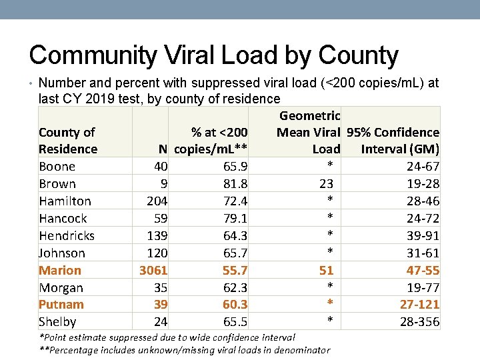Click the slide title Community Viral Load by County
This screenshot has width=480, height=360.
coord(213,56)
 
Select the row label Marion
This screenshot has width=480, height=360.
coord(60,270)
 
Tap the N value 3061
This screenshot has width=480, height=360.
coord(153,270)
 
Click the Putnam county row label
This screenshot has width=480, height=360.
coord(61,305)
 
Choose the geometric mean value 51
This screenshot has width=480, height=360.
coord(326,270)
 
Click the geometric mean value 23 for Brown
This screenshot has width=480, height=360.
coord(326,184)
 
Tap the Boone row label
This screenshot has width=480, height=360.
coord(57,167)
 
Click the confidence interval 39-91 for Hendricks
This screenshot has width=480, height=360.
coord(422,236)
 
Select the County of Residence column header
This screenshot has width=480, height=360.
coord(67,141)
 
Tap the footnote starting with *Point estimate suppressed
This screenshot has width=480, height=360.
coord(167,337)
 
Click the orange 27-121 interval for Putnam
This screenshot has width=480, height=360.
coord(419,305)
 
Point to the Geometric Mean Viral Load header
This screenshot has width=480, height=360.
coord(308,132)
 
